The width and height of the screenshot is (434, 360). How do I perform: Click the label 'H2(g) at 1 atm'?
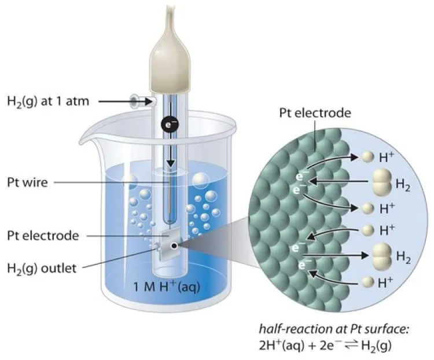48,102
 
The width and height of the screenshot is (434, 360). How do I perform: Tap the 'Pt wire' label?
27,182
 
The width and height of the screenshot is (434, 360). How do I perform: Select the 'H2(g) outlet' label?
42,269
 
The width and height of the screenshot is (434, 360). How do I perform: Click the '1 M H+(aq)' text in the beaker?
167,287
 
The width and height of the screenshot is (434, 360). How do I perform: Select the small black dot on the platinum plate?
174,245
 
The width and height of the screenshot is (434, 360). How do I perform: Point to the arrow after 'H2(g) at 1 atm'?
126,102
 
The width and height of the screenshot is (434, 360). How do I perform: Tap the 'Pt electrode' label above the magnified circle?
315,113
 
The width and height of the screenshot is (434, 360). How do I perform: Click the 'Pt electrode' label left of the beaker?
43,236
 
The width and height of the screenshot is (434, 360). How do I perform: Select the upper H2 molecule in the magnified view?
382,182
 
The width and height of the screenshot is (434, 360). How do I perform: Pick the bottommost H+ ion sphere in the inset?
368,282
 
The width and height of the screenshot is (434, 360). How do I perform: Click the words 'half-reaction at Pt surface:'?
334,329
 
